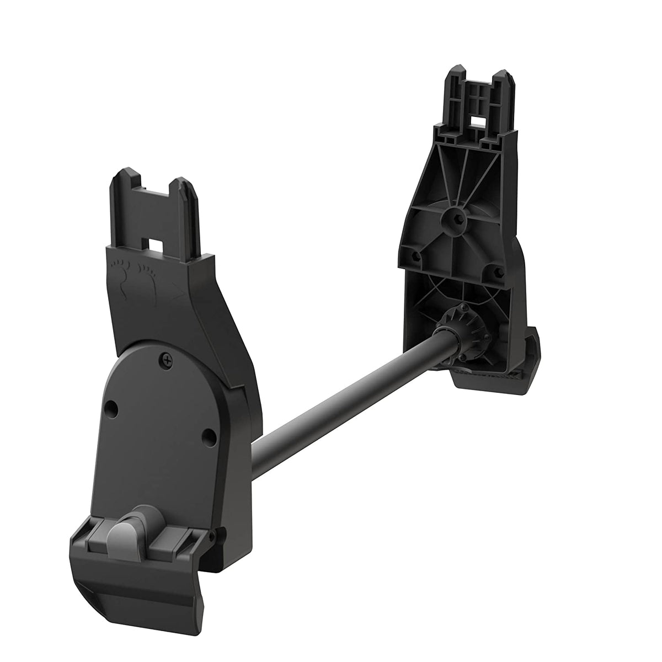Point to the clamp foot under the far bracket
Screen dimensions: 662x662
coord(496,375)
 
